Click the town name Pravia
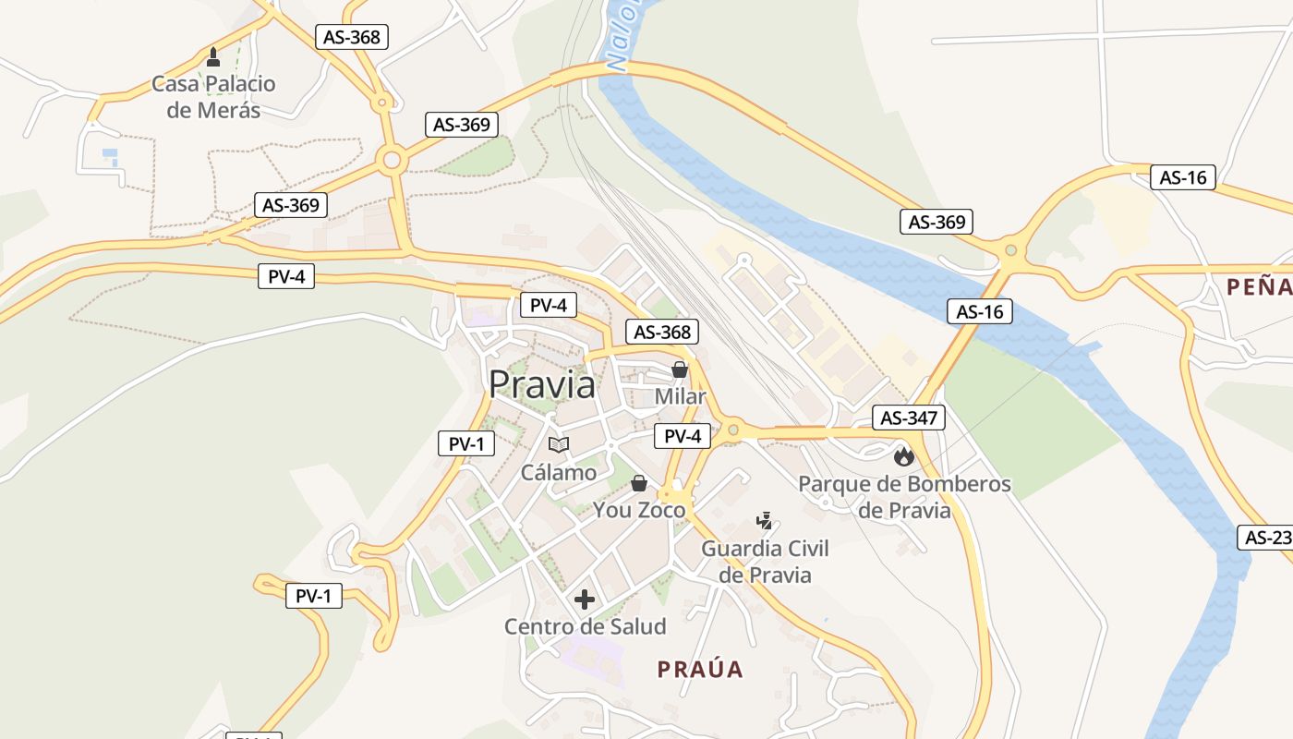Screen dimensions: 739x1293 542,384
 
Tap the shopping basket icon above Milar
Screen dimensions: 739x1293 680,369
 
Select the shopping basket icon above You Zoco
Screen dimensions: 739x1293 638,483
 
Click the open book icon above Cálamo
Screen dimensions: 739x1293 558,445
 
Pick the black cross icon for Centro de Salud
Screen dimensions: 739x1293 585,600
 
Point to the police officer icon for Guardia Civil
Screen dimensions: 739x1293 765,521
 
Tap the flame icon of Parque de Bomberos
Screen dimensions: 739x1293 903,455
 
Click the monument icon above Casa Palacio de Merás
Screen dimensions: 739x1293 213,57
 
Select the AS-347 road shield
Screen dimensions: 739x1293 909,418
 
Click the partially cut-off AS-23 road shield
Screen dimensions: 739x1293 1267,538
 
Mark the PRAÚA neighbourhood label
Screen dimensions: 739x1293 700,670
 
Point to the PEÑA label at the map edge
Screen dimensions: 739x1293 1260,287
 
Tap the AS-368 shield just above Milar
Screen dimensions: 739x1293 662,333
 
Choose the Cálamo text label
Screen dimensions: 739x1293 559,473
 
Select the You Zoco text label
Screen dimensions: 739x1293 639,510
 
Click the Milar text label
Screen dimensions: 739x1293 680,396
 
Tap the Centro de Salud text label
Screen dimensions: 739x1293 585,626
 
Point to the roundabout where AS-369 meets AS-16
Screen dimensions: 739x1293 1010,249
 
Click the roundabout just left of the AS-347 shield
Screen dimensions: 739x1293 733,429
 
